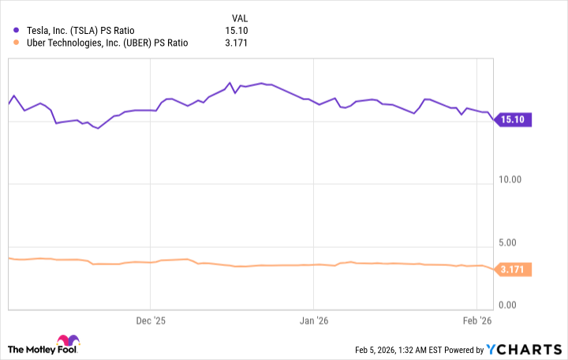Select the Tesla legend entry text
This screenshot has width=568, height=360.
click(84, 31)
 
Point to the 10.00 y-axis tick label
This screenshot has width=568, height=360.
click(510, 180)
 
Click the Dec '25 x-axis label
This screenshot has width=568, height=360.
click(151, 321)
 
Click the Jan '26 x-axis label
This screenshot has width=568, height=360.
click(314, 321)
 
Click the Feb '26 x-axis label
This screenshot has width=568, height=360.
click(477, 321)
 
